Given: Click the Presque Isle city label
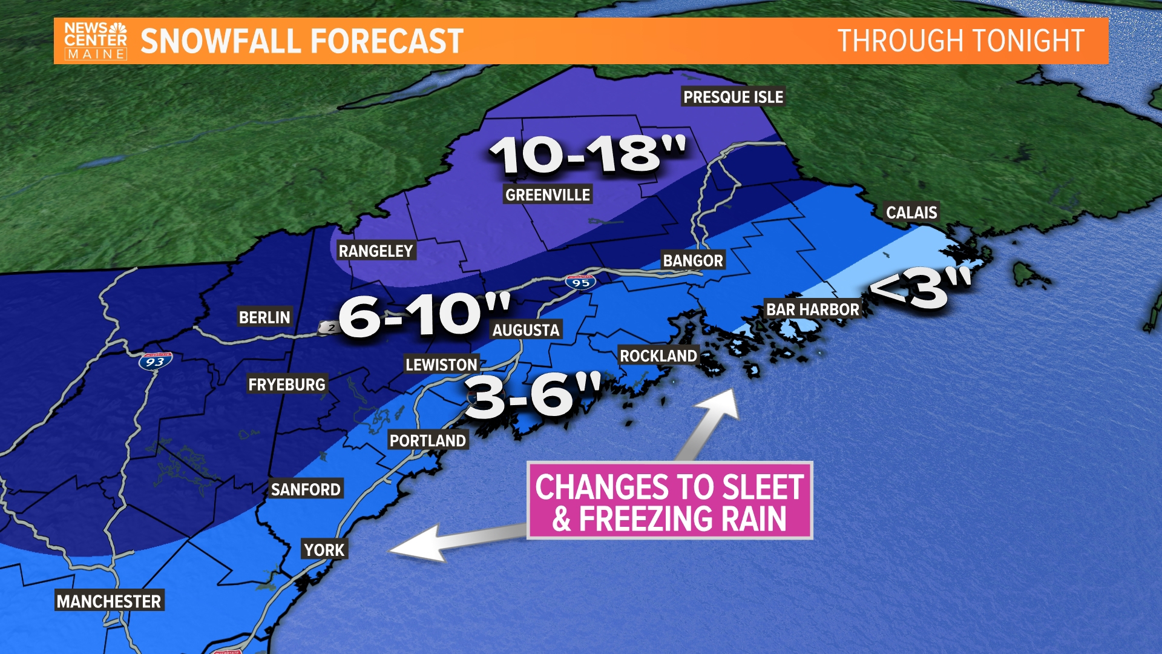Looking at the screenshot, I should (733, 97).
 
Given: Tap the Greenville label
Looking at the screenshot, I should (548, 195).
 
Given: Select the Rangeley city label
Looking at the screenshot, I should (375, 251).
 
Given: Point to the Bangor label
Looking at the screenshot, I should (693, 261).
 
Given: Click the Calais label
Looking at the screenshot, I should (911, 213).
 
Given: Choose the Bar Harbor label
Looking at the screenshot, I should (812, 309).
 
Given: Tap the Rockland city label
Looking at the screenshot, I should (658, 356).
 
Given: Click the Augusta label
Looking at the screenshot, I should (525, 330).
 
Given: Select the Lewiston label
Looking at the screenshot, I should (441, 365).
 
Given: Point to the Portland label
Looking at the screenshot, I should (427, 441).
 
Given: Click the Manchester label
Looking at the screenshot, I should (109, 601).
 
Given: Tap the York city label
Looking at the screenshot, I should (324, 550).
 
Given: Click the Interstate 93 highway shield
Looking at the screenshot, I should (155, 362).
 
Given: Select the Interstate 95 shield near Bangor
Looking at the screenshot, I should (581, 282).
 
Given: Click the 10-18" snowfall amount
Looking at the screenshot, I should (587, 154).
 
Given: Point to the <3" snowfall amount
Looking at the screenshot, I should (920, 288).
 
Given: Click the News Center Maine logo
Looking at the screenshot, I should (96, 41).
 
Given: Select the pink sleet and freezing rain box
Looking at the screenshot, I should (669, 501).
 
